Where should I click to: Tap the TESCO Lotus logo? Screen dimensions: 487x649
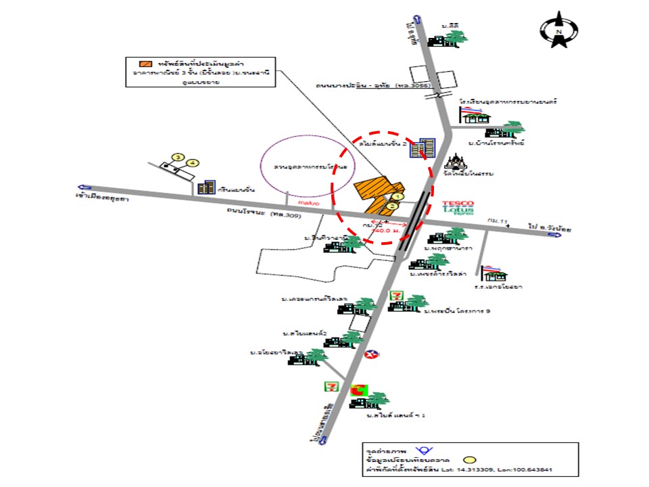point(458,208)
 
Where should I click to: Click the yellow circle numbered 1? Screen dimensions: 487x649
point(398,197)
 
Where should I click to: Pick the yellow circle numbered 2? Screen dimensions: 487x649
point(391,206)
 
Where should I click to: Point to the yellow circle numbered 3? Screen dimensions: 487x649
point(178,157)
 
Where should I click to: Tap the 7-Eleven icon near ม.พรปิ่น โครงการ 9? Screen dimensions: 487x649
point(397,296)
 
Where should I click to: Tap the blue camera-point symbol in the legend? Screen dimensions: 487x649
point(424,450)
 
